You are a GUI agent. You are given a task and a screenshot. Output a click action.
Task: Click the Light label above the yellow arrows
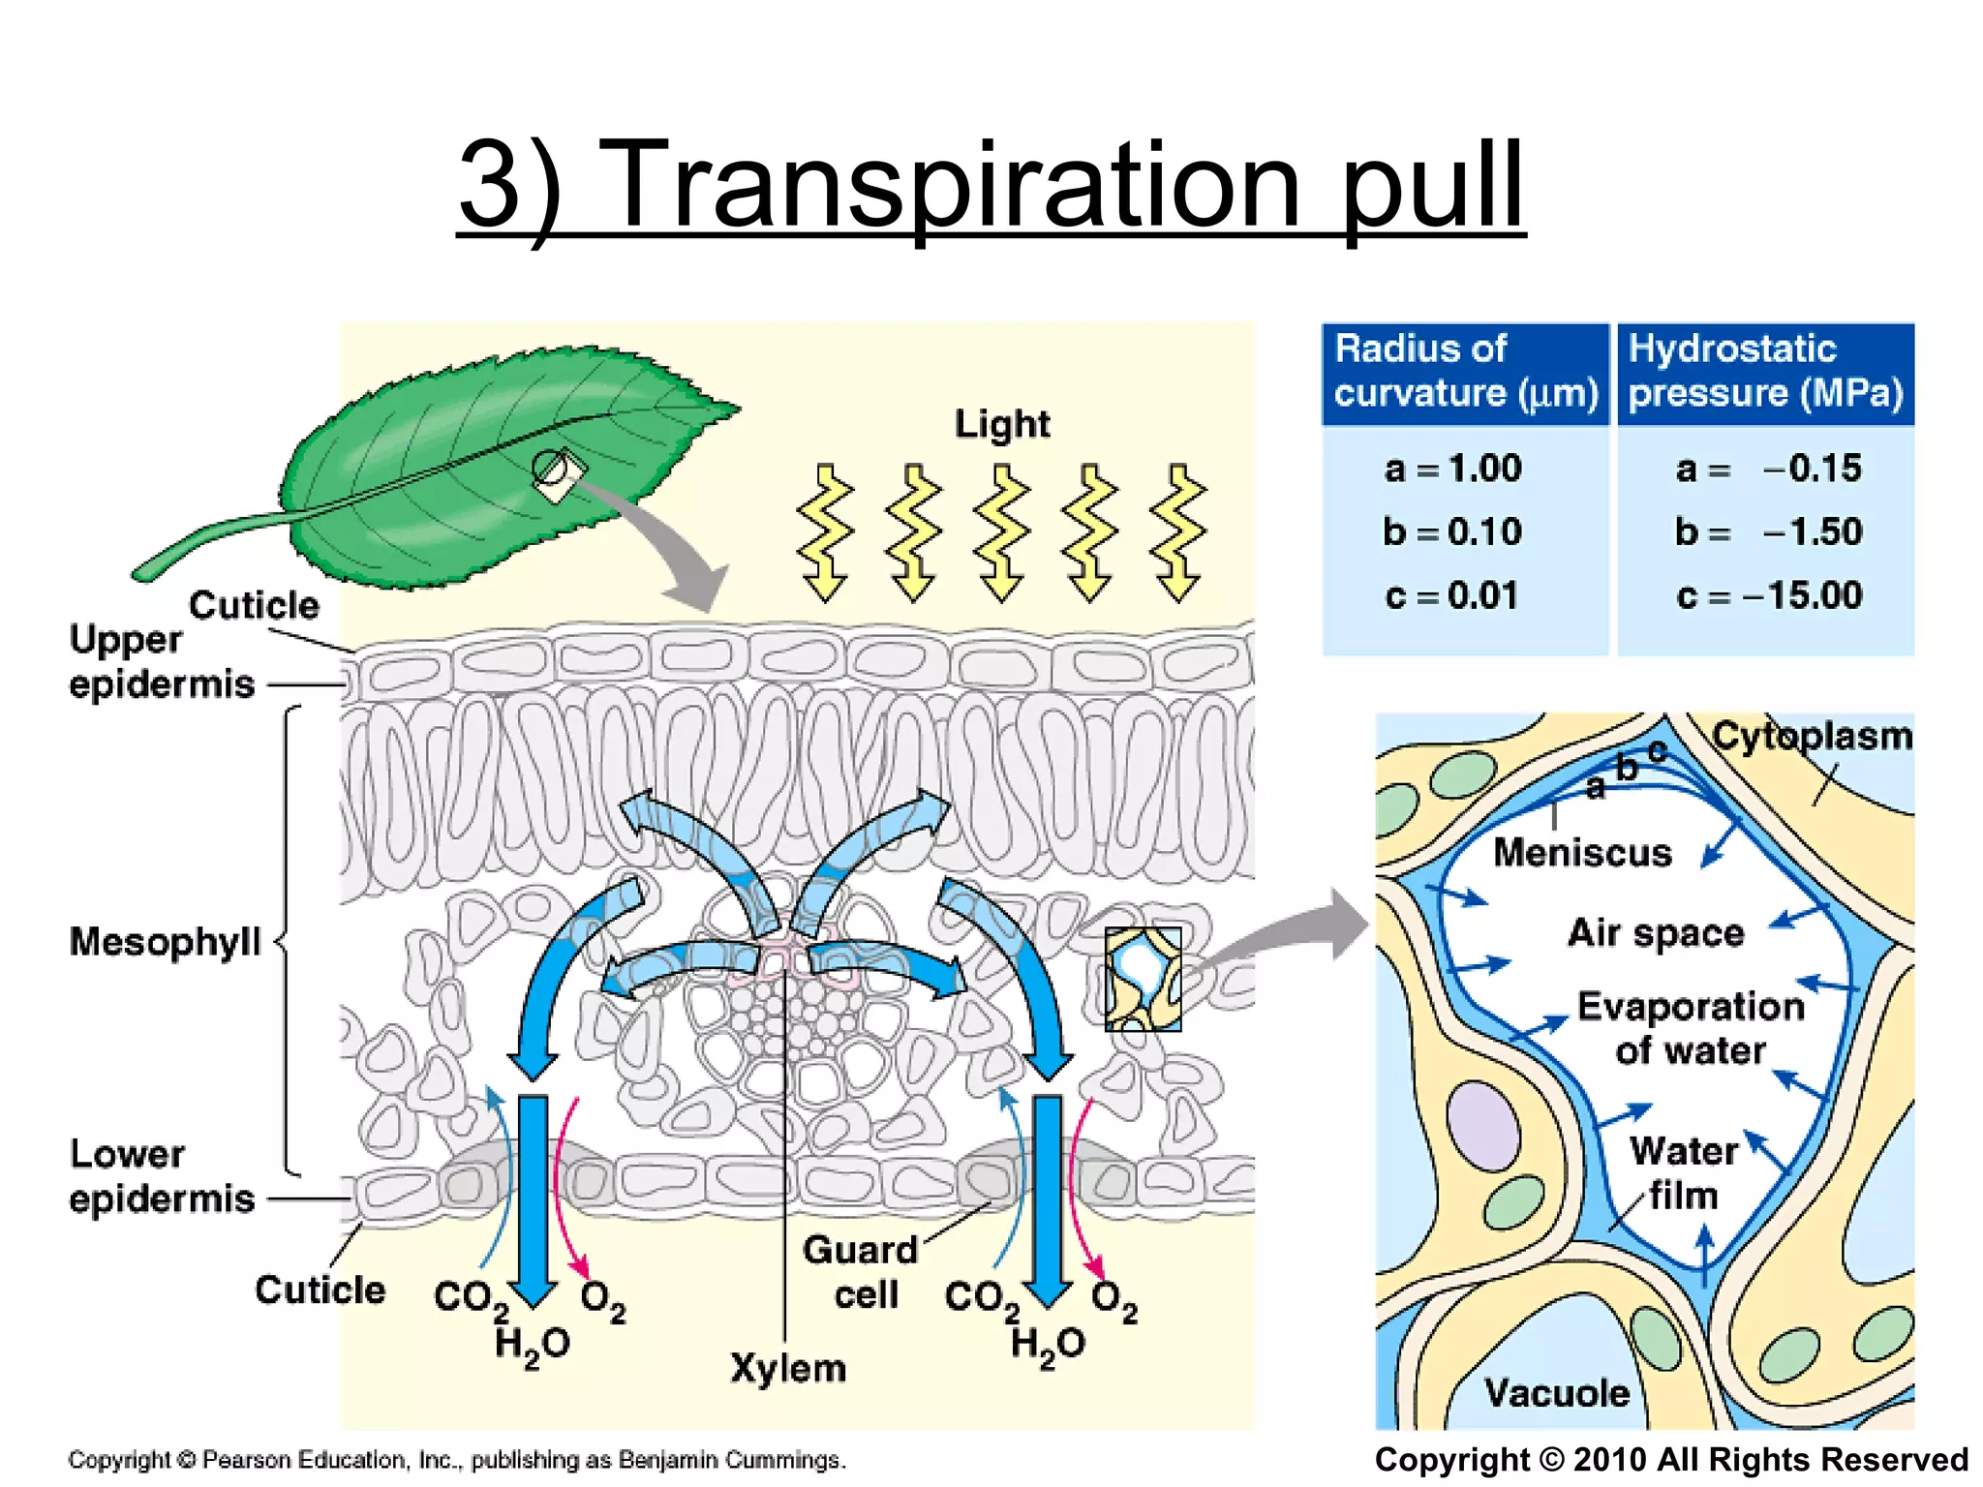[1002, 424]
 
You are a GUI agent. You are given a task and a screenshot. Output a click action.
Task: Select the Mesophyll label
[165, 941]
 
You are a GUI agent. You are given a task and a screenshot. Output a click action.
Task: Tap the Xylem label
[788, 1368]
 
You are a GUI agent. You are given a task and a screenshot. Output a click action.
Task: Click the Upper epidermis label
[160, 661]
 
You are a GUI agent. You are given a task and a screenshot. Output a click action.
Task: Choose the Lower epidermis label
[161, 1176]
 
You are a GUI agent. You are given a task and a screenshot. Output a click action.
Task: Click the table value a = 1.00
[1452, 469]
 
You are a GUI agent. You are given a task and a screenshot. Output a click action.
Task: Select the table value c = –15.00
[1769, 594]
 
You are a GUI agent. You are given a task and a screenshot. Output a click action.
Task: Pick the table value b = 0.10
[1452, 531]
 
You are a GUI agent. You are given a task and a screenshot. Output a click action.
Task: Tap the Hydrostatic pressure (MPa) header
[1764, 372]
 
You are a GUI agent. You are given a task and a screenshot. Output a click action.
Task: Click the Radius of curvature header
[1464, 372]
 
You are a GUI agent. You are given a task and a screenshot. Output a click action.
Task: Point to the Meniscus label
[1582, 853]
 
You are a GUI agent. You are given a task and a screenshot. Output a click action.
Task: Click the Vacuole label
[1557, 1393]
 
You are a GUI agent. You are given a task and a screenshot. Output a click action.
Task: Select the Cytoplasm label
[1812, 736]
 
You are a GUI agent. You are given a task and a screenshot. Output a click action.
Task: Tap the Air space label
[1656, 933]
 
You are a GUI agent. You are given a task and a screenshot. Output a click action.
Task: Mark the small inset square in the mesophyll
[1143, 978]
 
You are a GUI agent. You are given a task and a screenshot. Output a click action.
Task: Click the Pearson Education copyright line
[456, 1460]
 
